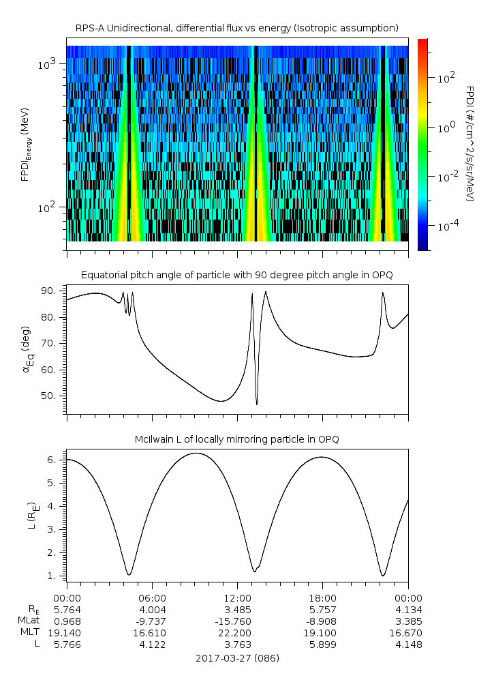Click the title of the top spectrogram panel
(x=237, y=28)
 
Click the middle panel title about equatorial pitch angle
(x=237, y=275)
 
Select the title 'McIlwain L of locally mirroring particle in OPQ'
(x=237, y=439)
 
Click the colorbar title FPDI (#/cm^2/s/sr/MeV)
(x=469, y=143)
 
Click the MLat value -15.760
(x=237, y=621)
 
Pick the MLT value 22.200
(x=237, y=633)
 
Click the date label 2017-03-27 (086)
(x=237, y=658)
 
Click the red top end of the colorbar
(x=422, y=42)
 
